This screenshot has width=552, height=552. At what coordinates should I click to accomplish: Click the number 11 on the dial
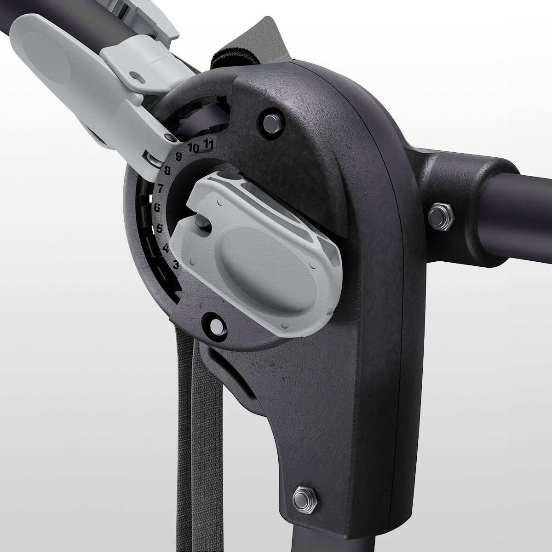(208, 144)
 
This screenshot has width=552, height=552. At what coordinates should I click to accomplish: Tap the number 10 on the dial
(193, 148)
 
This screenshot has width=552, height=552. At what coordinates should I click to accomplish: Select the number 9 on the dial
(179, 156)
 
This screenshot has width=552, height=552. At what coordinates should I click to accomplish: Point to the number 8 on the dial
(167, 171)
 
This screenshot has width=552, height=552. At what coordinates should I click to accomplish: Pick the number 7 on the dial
(160, 188)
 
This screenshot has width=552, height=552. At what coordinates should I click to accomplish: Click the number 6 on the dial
(157, 207)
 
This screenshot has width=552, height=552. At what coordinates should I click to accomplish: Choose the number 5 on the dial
(160, 228)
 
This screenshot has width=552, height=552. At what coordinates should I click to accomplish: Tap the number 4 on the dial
(166, 248)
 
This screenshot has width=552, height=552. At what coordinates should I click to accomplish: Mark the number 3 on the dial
(176, 264)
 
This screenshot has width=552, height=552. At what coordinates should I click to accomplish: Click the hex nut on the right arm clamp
(441, 216)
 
